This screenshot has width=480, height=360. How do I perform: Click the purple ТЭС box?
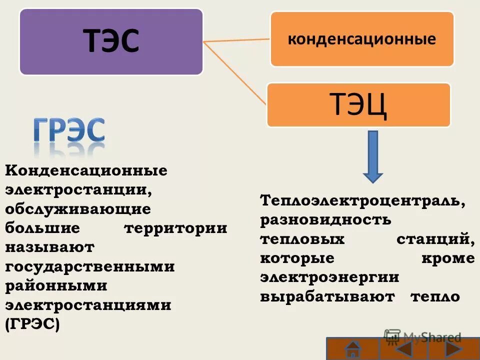coord(111,41)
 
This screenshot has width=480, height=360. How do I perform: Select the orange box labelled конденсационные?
coord(362,39)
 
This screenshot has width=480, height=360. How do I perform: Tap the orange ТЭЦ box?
coord(358,104)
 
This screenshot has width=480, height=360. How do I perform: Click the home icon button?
coord(353,348)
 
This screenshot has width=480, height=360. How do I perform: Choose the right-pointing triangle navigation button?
coord(453,348)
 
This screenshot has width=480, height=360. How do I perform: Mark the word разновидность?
coord(325,220)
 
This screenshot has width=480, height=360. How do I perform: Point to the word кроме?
coord(447,258)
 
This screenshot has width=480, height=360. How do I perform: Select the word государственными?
coord(90,266)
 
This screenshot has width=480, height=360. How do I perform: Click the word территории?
coord(175,228)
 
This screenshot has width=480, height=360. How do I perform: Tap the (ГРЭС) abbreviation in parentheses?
coord(32,324)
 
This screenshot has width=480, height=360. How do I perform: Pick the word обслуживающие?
coord(78,209)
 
